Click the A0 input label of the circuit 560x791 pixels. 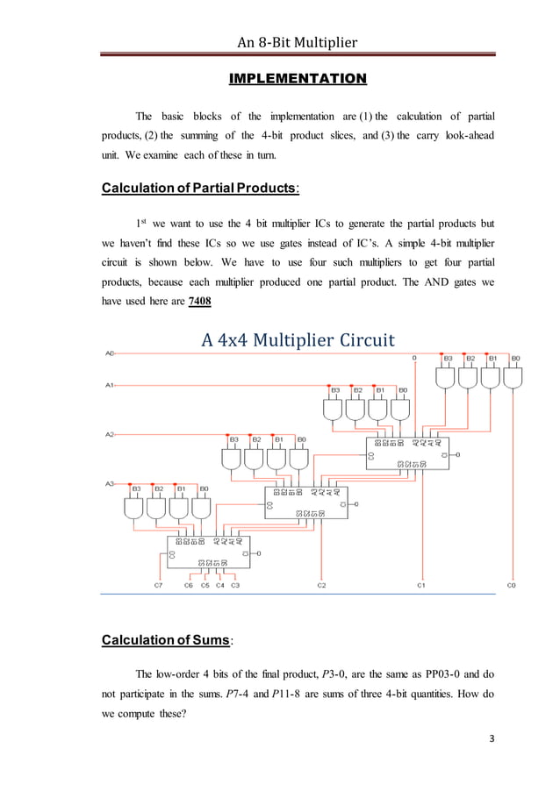click(110, 353)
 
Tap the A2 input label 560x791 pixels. click(110, 433)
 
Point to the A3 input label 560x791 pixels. click(110, 482)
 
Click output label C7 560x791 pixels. click(158, 585)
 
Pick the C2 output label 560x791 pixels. click(322, 585)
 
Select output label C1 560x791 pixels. click(421, 585)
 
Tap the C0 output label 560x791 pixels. click(513, 585)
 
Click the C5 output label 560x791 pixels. click(205, 585)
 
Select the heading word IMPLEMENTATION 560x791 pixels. click(297, 80)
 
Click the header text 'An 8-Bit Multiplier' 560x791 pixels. click(298, 40)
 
